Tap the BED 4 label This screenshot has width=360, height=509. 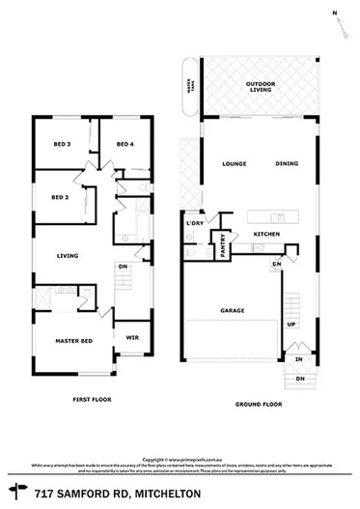pyautogui.click(x=125, y=144)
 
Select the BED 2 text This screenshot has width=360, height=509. pyautogui.click(x=61, y=196)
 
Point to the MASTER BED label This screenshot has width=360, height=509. pyautogui.click(x=73, y=342)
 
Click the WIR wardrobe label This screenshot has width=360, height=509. pyautogui.click(x=132, y=337)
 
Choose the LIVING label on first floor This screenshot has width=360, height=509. pyautogui.click(x=68, y=255)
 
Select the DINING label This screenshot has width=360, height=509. pyautogui.click(x=287, y=163)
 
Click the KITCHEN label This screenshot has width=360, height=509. pyautogui.click(x=266, y=235)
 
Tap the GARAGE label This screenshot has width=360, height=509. pyautogui.click(x=233, y=311)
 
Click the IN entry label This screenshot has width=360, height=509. pyautogui.click(x=299, y=358)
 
